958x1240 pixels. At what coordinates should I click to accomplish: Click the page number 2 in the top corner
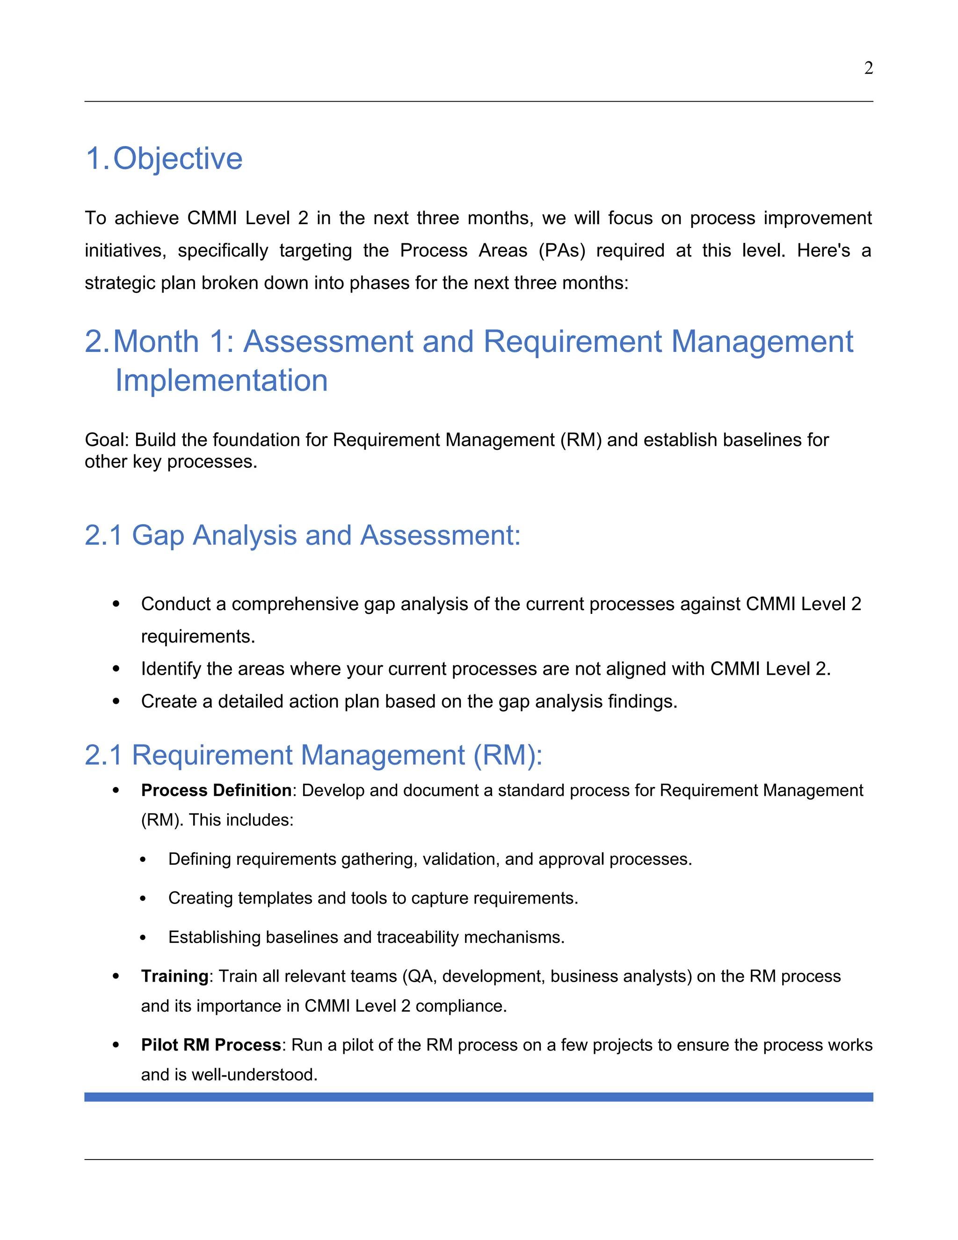868,68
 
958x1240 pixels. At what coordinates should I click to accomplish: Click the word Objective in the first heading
178,159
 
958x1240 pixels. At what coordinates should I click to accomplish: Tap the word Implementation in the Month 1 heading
221,380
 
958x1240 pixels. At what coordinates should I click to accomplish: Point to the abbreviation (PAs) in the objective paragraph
562,250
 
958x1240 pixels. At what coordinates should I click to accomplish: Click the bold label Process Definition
216,790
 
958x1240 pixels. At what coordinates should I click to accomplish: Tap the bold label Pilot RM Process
211,1045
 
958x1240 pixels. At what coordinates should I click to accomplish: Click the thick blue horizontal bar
479,1097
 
